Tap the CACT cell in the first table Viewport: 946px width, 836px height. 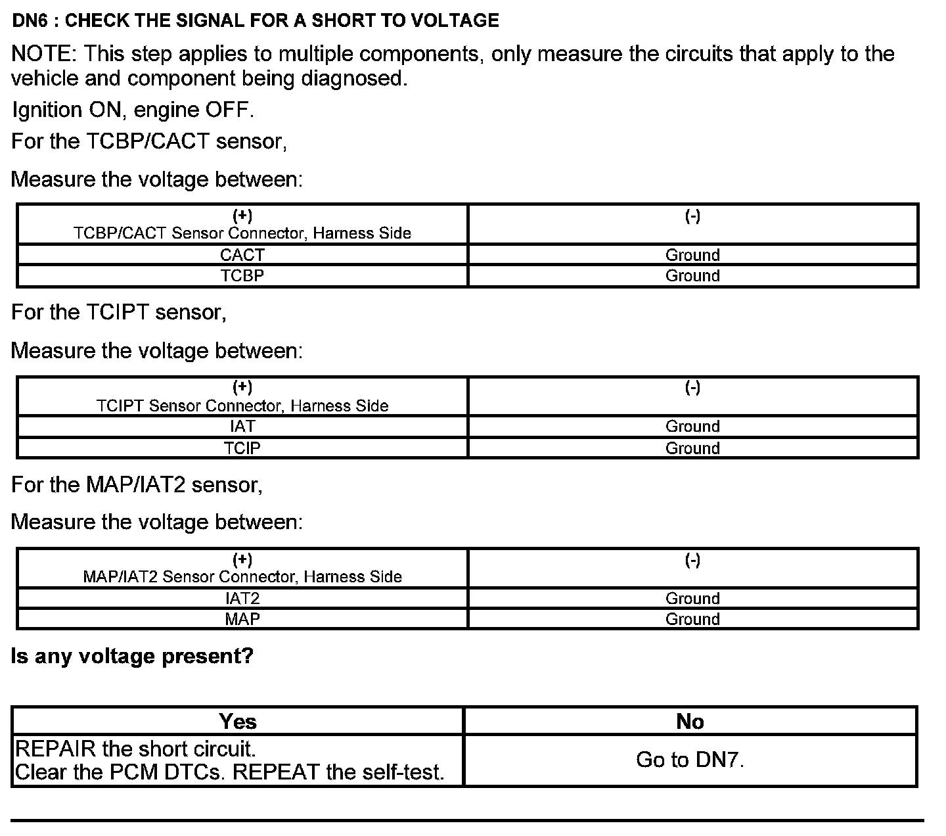242,255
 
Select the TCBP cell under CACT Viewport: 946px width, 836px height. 242,276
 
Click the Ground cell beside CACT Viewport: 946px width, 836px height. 692,255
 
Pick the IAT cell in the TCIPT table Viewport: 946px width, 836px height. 242,427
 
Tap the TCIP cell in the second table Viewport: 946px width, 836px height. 242,448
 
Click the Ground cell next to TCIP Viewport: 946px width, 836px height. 692,448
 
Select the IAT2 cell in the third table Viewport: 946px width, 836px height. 242,598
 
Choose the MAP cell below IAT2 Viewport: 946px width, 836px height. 242,619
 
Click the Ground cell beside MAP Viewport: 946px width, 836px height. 692,619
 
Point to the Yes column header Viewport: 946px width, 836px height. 238,722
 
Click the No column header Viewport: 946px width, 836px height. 690,722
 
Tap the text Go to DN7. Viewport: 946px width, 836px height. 690,760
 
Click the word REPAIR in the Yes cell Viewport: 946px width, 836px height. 55,749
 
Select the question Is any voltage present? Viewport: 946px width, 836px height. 132,656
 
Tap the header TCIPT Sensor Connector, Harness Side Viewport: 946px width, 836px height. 242,406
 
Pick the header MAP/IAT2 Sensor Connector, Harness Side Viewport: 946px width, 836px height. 242,576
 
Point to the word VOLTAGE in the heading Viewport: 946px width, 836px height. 455,21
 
